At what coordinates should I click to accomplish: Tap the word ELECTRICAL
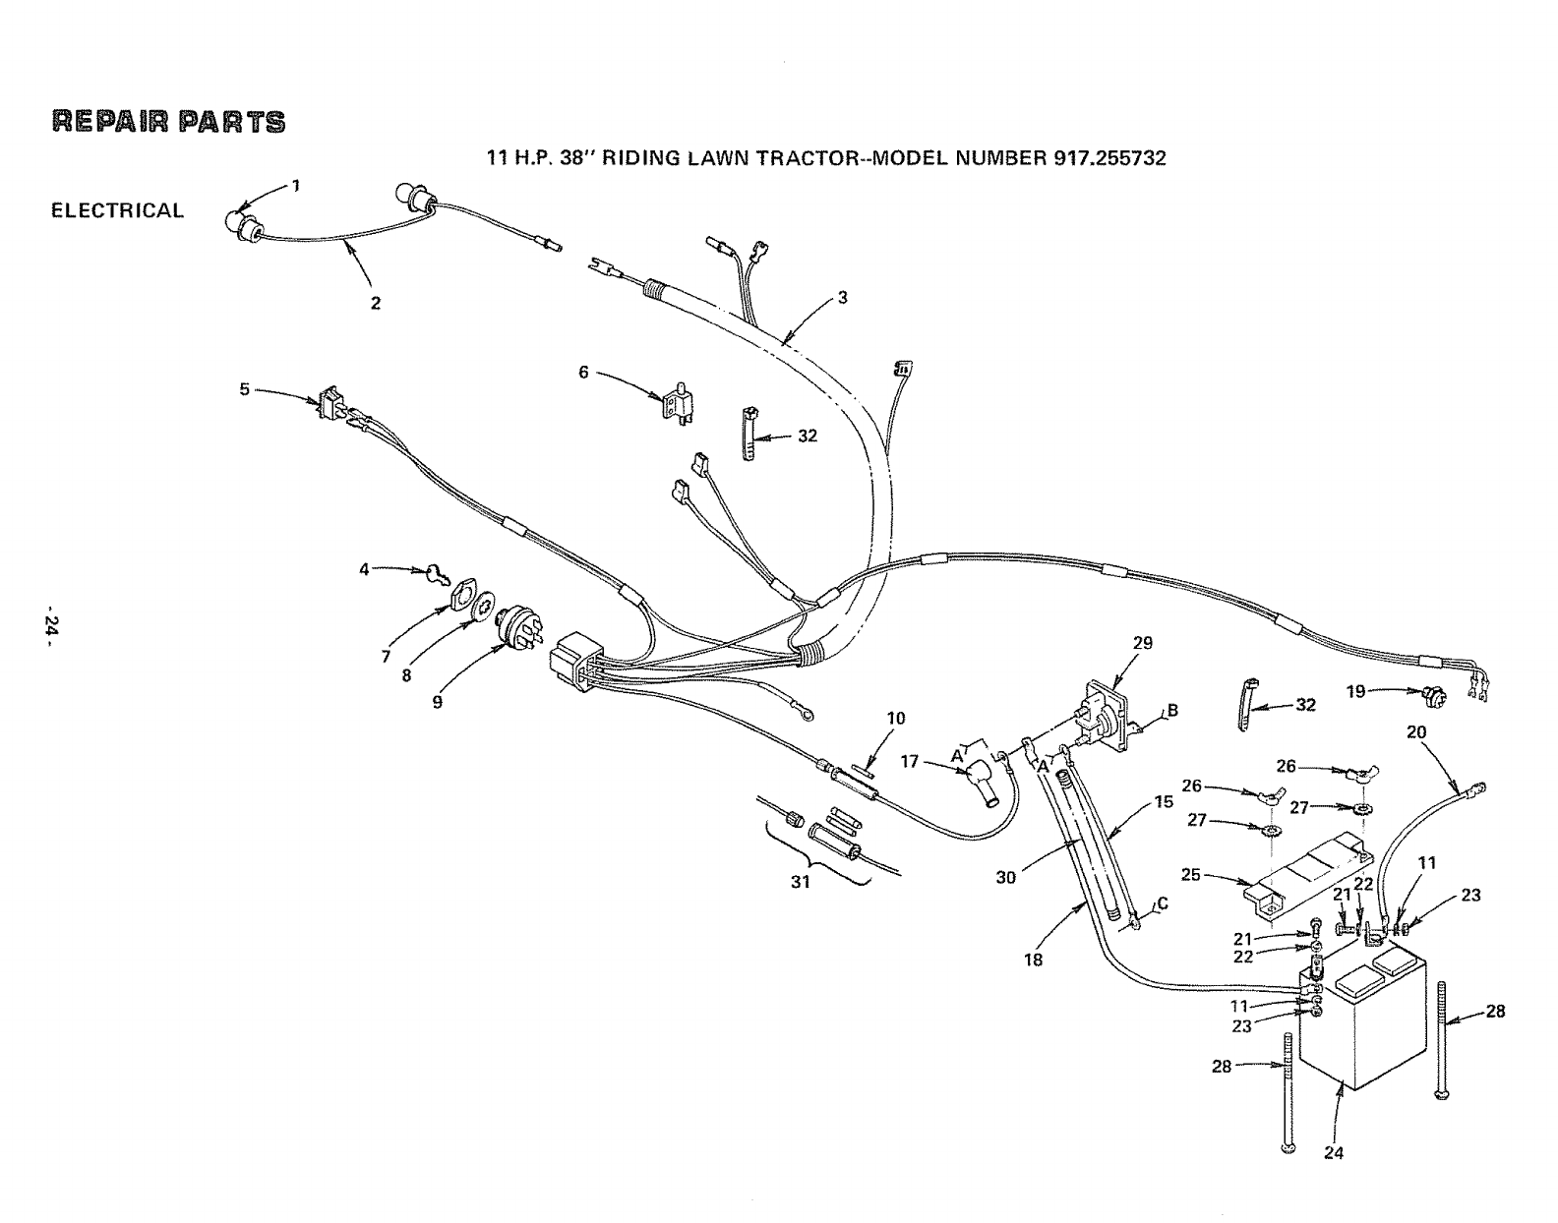[x=117, y=210]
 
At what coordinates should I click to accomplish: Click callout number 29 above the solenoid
[x=1142, y=643]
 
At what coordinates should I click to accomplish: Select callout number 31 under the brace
[x=801, y=882]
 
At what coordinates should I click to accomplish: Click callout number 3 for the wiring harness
[x=843, y=299]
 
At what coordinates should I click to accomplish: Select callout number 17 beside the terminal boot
[x=910, y=760]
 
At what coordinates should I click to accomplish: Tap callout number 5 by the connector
[x=244, y=388]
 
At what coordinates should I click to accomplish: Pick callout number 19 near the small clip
[x=1355, y=691]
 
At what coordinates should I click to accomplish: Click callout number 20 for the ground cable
[x=1416, y=731]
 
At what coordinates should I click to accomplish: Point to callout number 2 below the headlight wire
[x=375, y=303]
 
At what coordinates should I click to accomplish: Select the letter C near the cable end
[x=1164, y=904]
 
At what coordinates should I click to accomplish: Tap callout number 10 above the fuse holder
[x=895, y=718]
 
